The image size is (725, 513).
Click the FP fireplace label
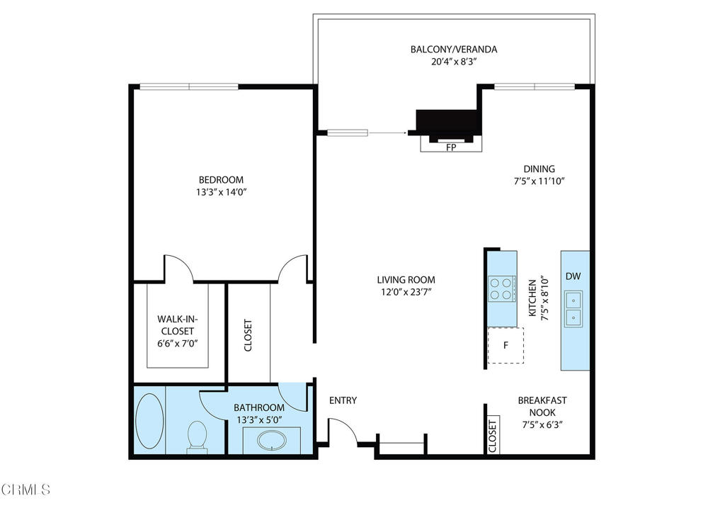coord(450,148)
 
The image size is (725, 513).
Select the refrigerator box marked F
coord(506,346)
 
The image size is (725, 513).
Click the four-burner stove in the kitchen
coord(501,288)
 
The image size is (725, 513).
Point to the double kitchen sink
coord(573,309)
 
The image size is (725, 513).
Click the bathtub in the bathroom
coord(149,421)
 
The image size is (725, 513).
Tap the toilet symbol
coord(196,435)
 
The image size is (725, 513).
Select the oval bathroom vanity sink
coord(272,441)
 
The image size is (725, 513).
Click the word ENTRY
coord(343,401)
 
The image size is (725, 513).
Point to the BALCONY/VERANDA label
coord(454,50)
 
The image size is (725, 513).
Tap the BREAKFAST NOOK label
coord(541,406)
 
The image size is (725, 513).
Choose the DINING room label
coord(539,169)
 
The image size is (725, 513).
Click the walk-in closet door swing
coord(178,267)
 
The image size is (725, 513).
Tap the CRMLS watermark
coord(26,489)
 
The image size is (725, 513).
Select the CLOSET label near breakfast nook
coord(493,436)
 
